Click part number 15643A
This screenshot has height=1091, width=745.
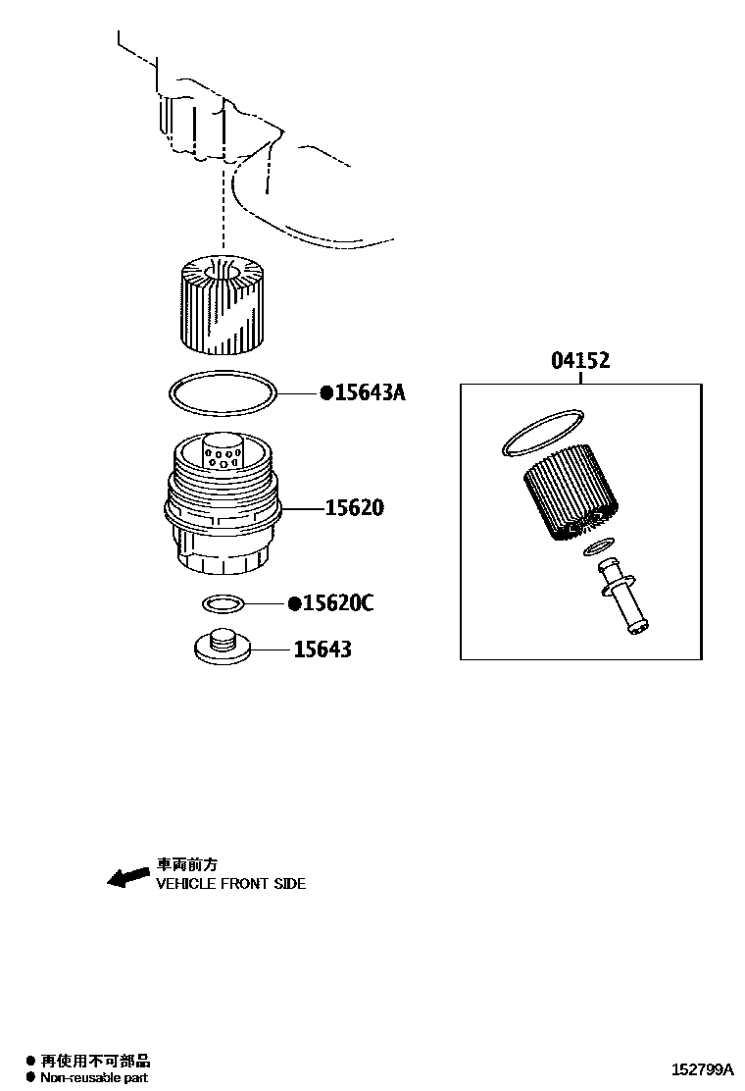tap(371, 393)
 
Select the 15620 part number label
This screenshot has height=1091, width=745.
tap(355, 508)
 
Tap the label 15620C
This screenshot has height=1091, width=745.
tap(338, 603)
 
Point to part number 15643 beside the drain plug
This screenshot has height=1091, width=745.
tap(323, 649)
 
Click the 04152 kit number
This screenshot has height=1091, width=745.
tap(580, 361)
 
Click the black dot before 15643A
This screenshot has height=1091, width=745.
tap(326, 393)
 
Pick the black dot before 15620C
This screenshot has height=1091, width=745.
tap(293, 603)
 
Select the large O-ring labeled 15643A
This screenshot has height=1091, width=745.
tap(223, 394)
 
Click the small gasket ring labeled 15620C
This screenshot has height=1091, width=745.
tap(223, 602)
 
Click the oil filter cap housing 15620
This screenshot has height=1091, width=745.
tap(222, 520)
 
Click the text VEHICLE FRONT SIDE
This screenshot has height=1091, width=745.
tap(231, 884)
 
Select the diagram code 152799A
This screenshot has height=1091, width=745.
tap(702, 1069)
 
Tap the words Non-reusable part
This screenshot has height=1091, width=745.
tap(94, 1077)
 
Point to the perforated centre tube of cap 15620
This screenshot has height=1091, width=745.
tap(223, 452)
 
